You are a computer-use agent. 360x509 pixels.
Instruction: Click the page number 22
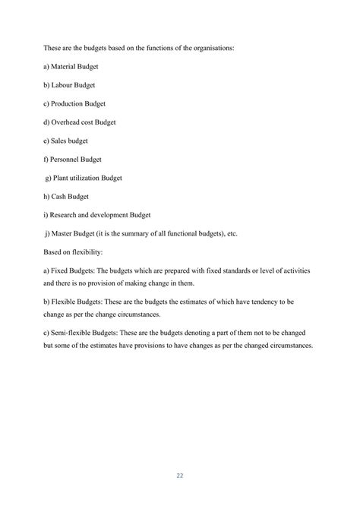point(180,476)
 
